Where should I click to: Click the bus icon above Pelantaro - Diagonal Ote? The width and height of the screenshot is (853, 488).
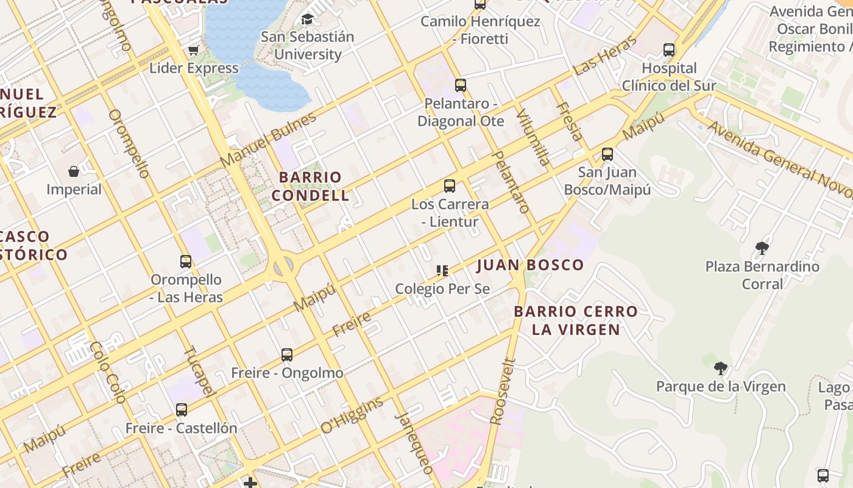pyautogui.click(x=461, y=85)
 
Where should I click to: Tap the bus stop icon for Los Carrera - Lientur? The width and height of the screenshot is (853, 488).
pyautogui.click(x=450, y=186)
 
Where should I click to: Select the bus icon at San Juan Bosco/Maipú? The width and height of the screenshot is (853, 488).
pyautogui.click(x=607, y=154)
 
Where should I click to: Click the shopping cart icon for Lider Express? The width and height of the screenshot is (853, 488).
pyautogui.click(x=194, y=50)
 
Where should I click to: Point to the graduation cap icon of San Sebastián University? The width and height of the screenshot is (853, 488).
pyautogui.click(x=307, y=19)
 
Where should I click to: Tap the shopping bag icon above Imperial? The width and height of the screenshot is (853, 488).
pyautogui.click(x=74, y=171)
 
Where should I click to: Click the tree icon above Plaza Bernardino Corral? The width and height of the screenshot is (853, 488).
pyautogui.click(x=762, y=248)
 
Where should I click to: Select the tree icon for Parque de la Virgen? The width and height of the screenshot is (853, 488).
pyautogui.click(x=721, y=368)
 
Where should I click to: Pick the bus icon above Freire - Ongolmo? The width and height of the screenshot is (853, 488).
pyautogui.click(x=287, y=354)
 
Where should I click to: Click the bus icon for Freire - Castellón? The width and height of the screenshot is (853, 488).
pyautogui.click(x=182, y=410)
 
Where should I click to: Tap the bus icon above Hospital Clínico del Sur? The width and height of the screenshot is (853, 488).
pyautogui.click(x=669, y=50)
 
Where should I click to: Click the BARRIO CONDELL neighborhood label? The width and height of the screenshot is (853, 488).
pyautogui.click(x=310, y=186)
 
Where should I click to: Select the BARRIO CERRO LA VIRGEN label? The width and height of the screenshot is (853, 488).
pyautogui.click(x=576, y=320)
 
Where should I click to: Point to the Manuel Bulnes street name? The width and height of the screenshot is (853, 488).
pyautogui.click(x=269, y=140)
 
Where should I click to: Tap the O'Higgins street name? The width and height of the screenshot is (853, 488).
pyautogui.click(x=352, y=415)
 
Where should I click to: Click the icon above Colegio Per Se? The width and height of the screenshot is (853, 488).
pyautogui.click(x=442, y=270)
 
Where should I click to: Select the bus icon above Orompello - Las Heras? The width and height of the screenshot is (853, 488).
pyautogui.click(x=186, y=262)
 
